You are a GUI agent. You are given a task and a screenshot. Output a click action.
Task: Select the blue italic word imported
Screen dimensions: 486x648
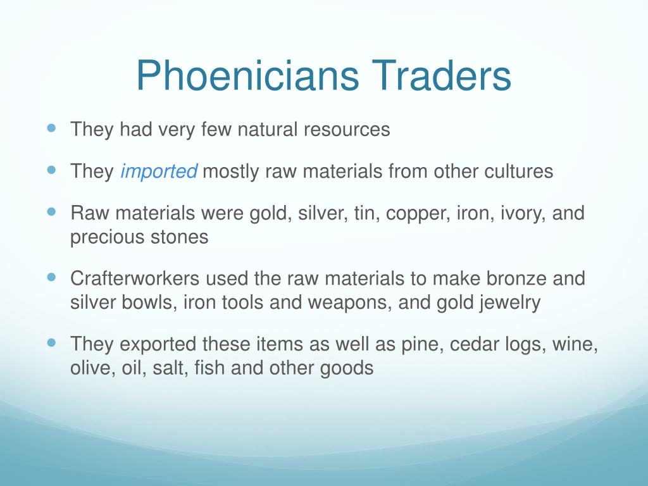tap(159, 171)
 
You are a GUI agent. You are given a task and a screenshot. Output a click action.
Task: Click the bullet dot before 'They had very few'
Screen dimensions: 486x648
tap(52, 127)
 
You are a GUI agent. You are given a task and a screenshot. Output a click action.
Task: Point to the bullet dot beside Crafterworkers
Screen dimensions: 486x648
tap(52, 276)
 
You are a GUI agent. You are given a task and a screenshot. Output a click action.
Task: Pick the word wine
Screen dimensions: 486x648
tap(575, 344)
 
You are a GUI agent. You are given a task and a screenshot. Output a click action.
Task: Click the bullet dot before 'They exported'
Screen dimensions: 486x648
tap(52, 342)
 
